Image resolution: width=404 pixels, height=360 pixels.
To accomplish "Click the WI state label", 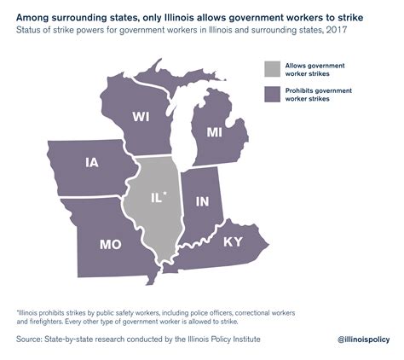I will pyautogui.click(x=142, y=117).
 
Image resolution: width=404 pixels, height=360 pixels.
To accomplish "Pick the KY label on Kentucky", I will pyautogui.click(x=232, y=241).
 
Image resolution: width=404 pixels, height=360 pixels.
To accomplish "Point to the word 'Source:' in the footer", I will pyautogui.click(x=32, y=339).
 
